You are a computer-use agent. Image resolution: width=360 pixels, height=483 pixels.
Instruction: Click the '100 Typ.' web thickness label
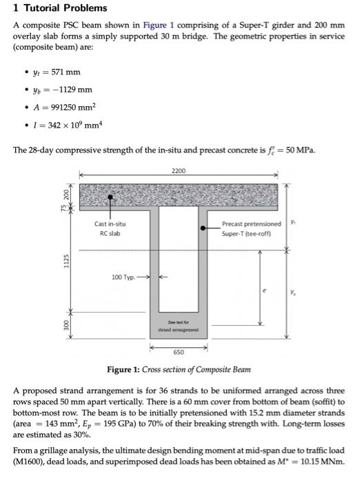click(x=124, y=277)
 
